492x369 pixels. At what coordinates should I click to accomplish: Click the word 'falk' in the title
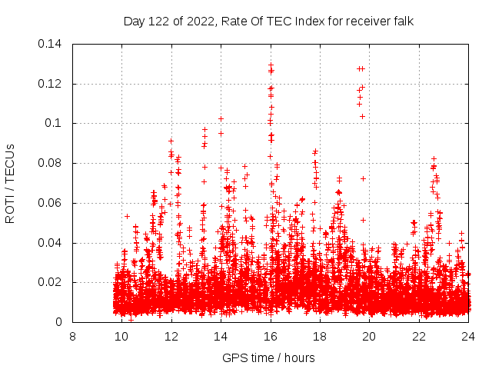402,21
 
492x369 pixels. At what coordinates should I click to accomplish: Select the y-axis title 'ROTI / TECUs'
10,183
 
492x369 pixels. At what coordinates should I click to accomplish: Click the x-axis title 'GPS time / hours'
269,357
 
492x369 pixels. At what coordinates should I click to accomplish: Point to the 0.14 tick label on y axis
51,44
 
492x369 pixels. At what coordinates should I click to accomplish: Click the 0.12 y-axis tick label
51,84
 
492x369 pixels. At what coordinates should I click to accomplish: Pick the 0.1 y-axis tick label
54,124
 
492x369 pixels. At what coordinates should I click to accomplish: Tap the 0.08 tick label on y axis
51,164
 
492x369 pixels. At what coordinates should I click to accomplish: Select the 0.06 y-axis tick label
51,203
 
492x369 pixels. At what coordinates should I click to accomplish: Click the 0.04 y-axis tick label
51,243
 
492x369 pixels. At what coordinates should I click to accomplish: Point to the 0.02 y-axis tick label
51,283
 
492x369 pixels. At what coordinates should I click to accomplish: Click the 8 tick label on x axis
72,336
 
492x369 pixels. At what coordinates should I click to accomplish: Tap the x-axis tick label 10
121,336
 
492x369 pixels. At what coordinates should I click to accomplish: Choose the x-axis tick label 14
221,336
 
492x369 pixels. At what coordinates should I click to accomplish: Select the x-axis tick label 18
320,336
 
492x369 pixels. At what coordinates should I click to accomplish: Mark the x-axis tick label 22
419,336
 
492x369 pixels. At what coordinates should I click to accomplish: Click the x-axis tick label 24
468,336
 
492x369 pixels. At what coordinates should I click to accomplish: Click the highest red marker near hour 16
271,65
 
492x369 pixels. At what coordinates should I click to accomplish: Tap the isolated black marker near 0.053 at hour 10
127,216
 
